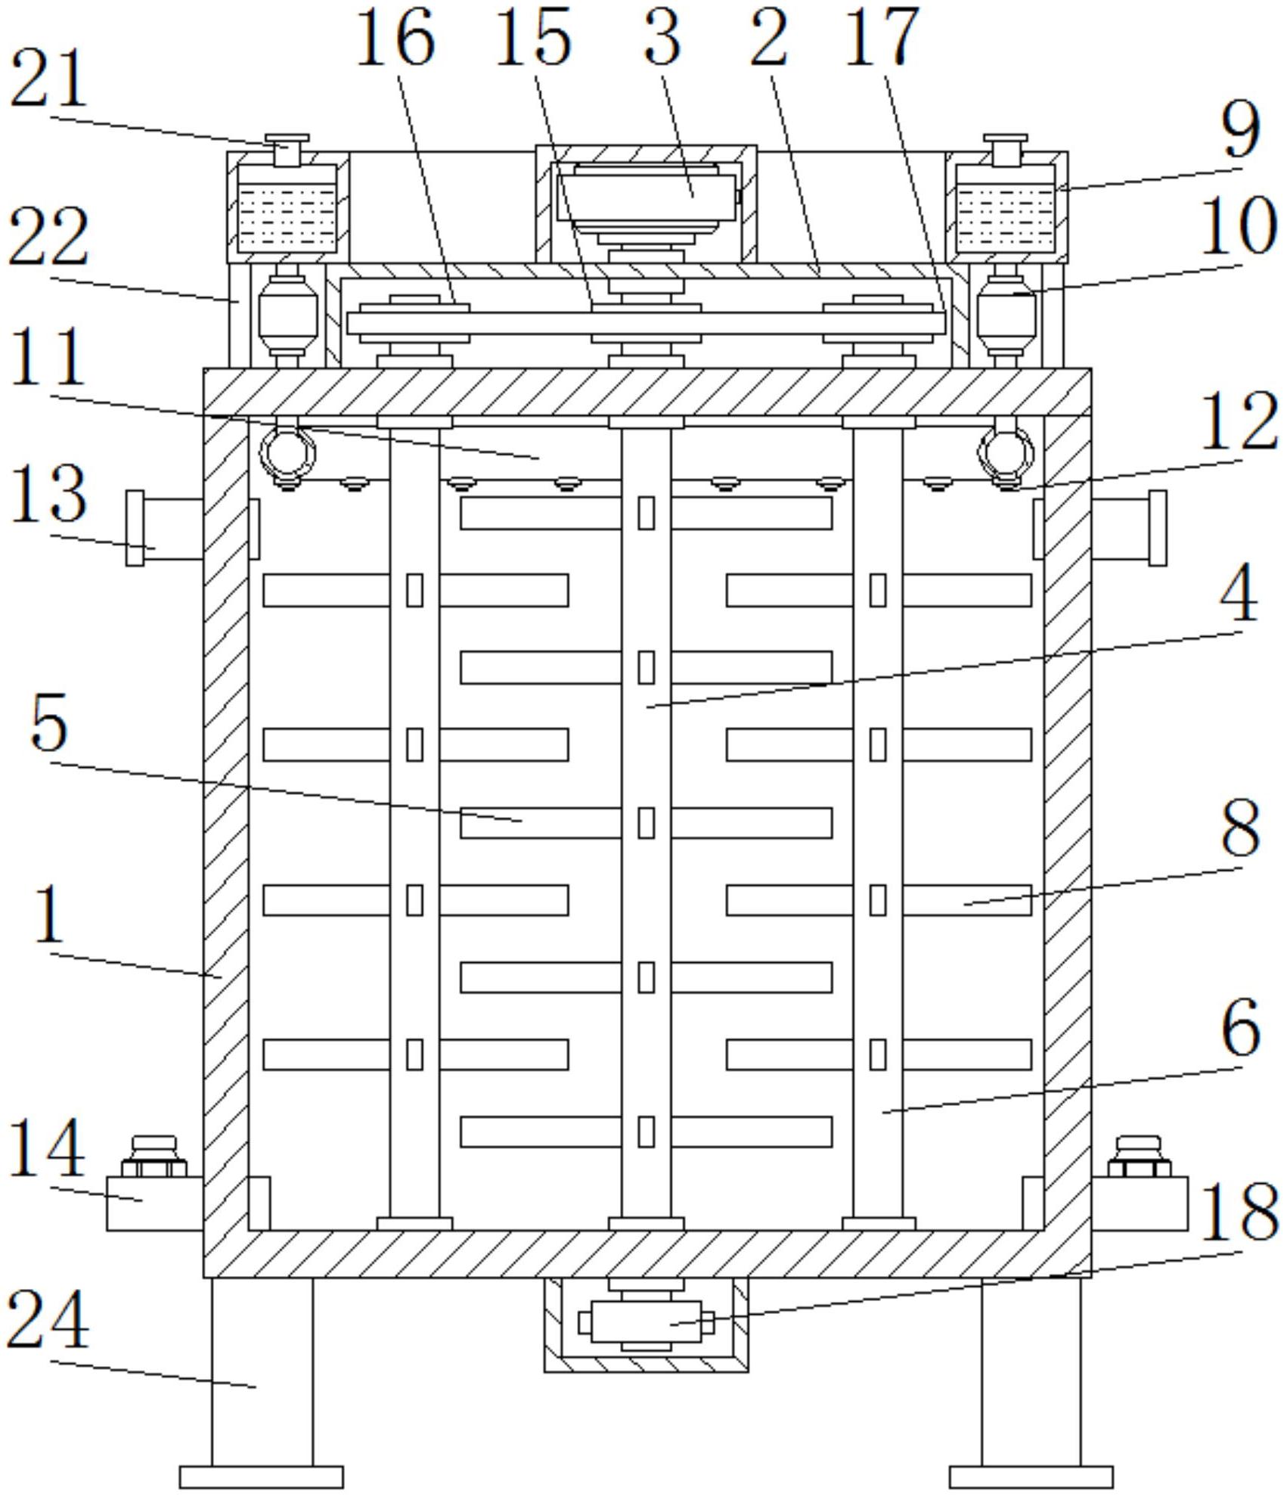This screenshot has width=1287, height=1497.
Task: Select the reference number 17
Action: point(882,36)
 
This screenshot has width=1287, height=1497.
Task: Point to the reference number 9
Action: point(1241,130)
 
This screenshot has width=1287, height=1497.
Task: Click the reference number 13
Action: point(48,493)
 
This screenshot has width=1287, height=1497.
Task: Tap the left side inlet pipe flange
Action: point(135,527)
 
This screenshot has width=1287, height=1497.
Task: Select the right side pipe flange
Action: point(1157,527)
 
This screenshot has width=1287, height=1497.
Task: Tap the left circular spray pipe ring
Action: point(287,452)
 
